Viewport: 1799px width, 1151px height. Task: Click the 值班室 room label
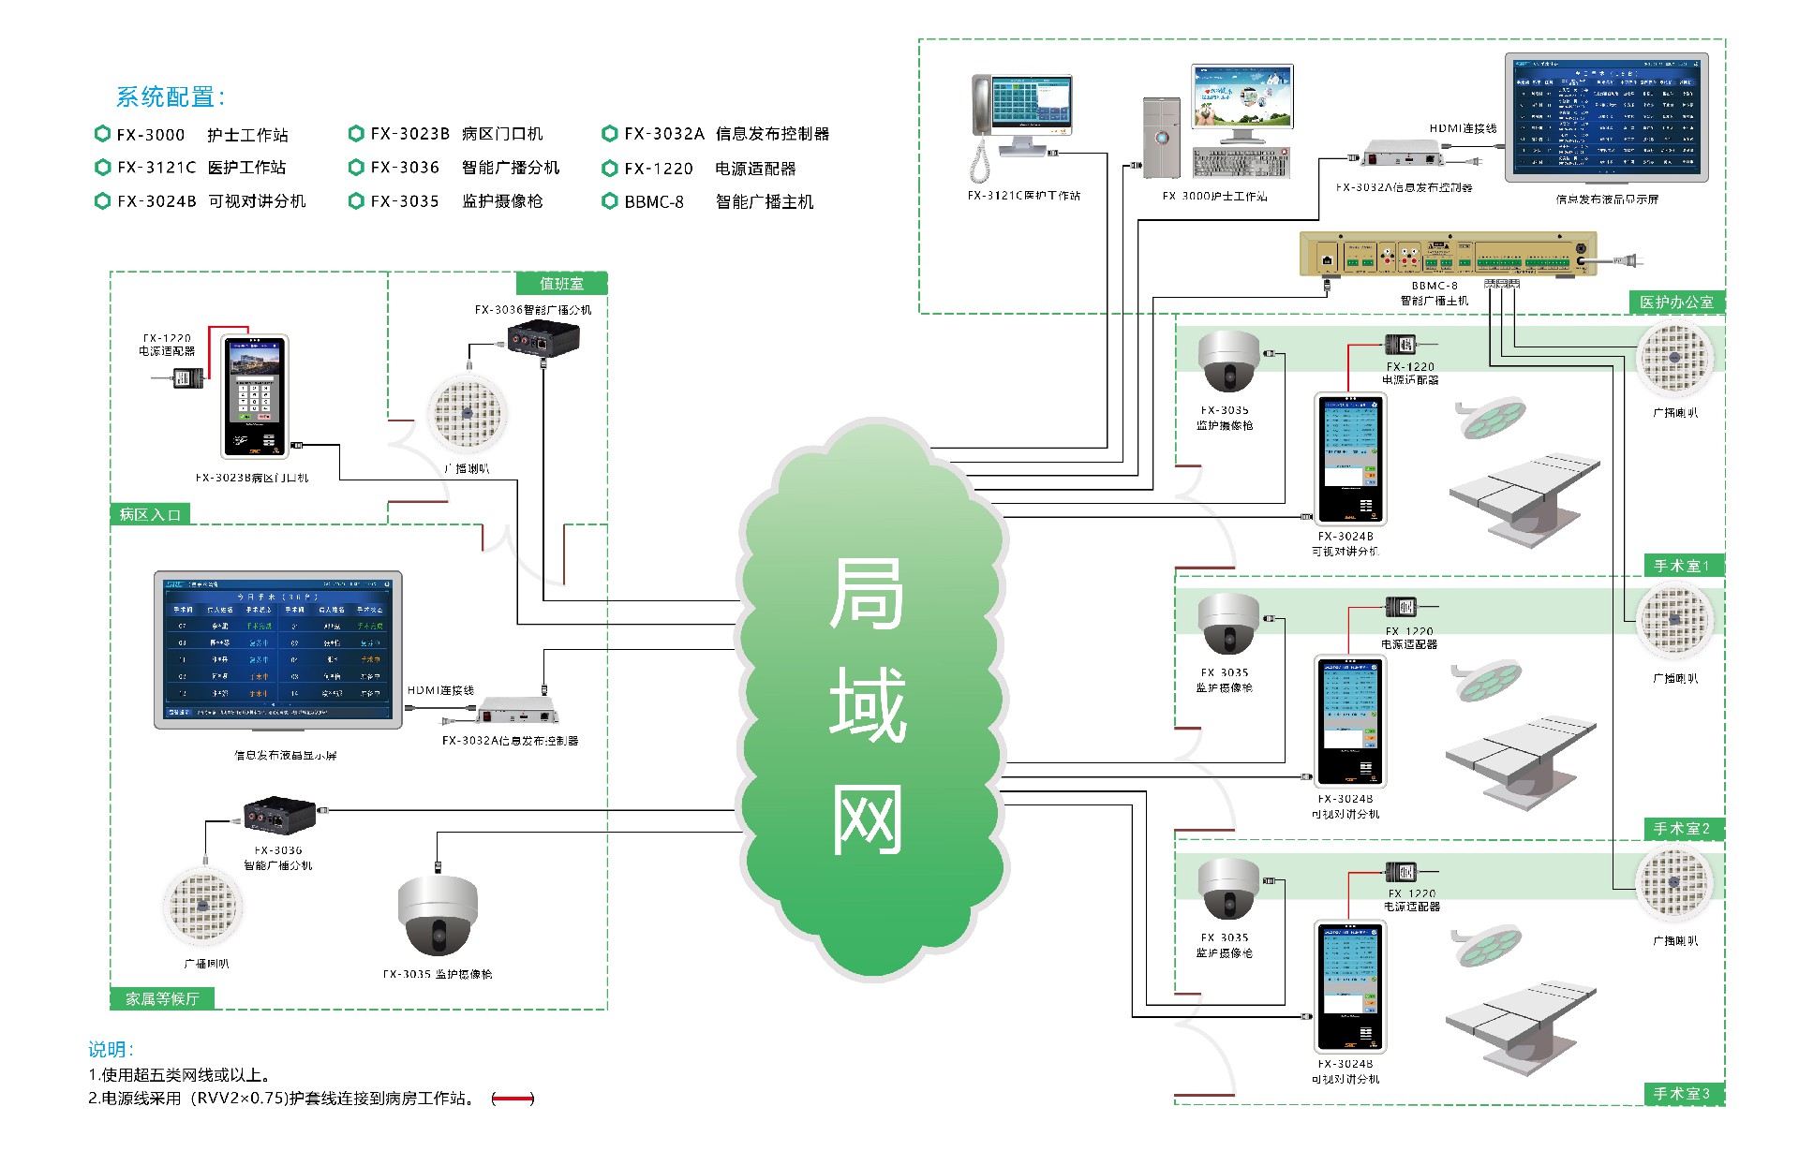[x=561, y=284]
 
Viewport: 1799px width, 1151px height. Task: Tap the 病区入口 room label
[x=150, y=514]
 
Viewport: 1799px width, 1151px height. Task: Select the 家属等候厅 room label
[x=162, y=999]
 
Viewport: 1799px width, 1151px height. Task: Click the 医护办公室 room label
[x=1676, y=303]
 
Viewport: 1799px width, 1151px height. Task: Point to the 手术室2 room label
[x=1681, y=829]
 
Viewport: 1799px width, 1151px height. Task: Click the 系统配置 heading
[x=170, y=96]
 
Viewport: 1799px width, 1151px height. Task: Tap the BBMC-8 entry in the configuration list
[x=654, y=202]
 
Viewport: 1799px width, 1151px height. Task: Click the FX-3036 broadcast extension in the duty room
[x=543, y=338]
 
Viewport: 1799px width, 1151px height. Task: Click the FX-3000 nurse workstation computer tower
[x=1161, y=137]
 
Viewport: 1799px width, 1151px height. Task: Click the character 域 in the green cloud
[x=868, y=704]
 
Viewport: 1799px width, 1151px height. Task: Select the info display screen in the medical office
[x=1606, y=117]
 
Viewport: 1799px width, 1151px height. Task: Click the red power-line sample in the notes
[x=513, y=1099]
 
